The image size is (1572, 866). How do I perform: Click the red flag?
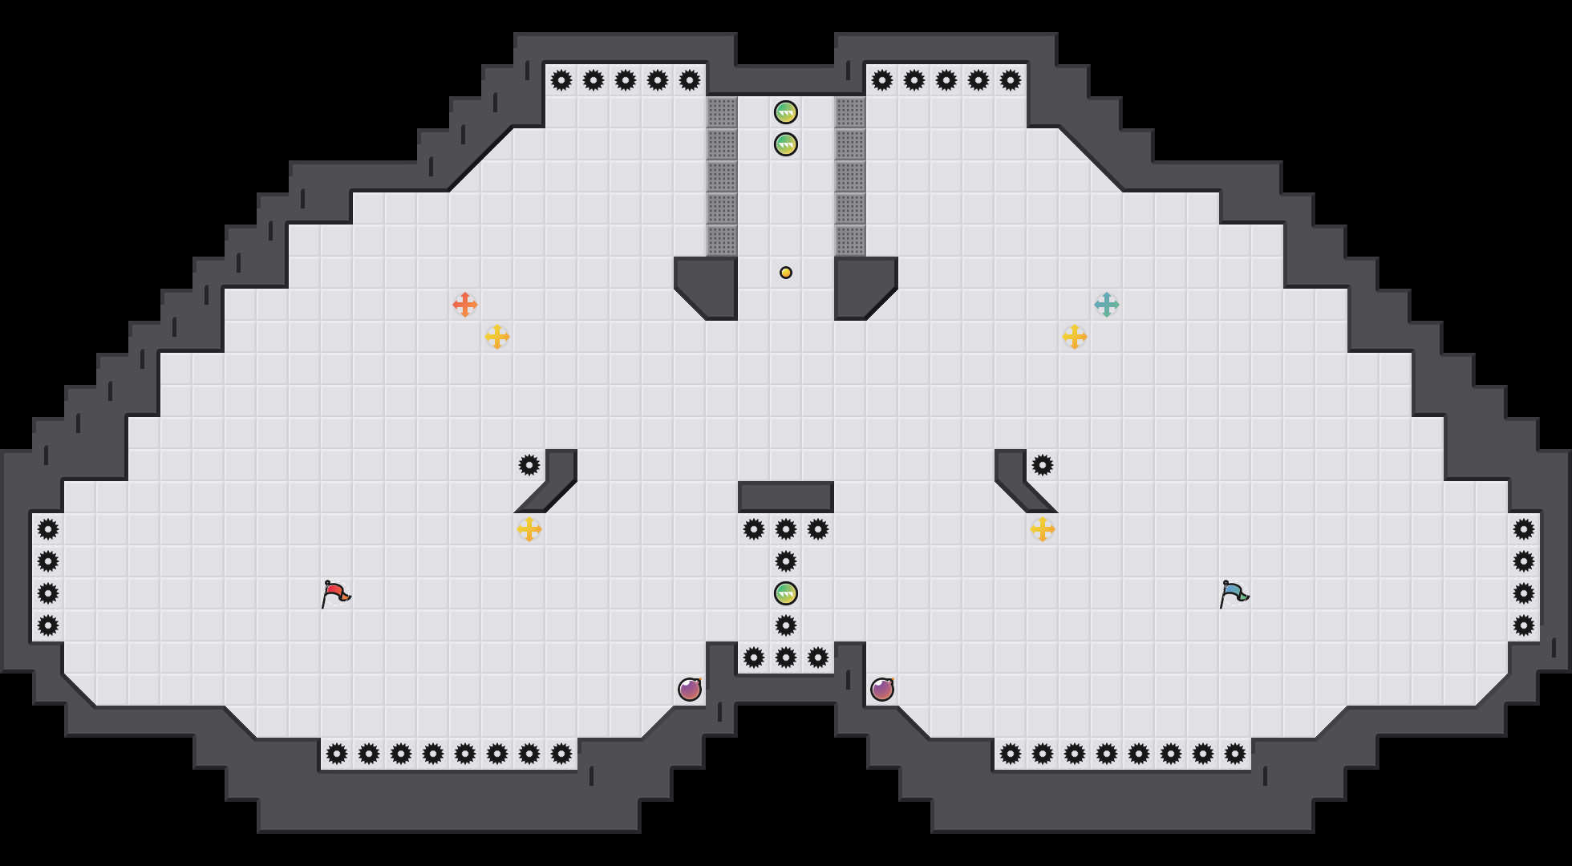(335, 593)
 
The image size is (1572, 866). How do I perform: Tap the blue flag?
(1234, 593)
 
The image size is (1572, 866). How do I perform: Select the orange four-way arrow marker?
(465, 305)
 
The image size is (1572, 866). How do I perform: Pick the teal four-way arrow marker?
(1107, 305)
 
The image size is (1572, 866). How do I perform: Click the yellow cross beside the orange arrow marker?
(497, 337)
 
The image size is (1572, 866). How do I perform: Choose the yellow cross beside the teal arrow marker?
(1075, 337)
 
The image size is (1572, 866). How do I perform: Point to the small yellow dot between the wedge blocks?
(786, 273)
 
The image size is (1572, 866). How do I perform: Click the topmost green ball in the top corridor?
(786, 112)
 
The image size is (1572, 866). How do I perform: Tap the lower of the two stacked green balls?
(786, 144)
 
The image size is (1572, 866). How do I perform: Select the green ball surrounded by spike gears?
(786, 593)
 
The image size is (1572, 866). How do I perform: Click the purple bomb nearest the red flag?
(690, 690)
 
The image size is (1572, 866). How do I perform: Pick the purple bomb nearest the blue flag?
(882, 690)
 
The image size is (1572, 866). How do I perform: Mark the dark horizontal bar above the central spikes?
(786, 497)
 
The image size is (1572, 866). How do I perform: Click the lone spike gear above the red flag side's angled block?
(529, 465)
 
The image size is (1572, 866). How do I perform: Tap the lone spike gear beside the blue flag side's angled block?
(1043, 465)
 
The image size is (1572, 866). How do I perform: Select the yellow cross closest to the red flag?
(529, 529)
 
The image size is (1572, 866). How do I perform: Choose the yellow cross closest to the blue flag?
(1043, 529)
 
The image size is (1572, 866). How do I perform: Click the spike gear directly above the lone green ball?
(786, 561)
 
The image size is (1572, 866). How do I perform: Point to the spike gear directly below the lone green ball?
(786, 625)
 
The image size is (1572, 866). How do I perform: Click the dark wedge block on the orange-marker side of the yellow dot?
(710, 285)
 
